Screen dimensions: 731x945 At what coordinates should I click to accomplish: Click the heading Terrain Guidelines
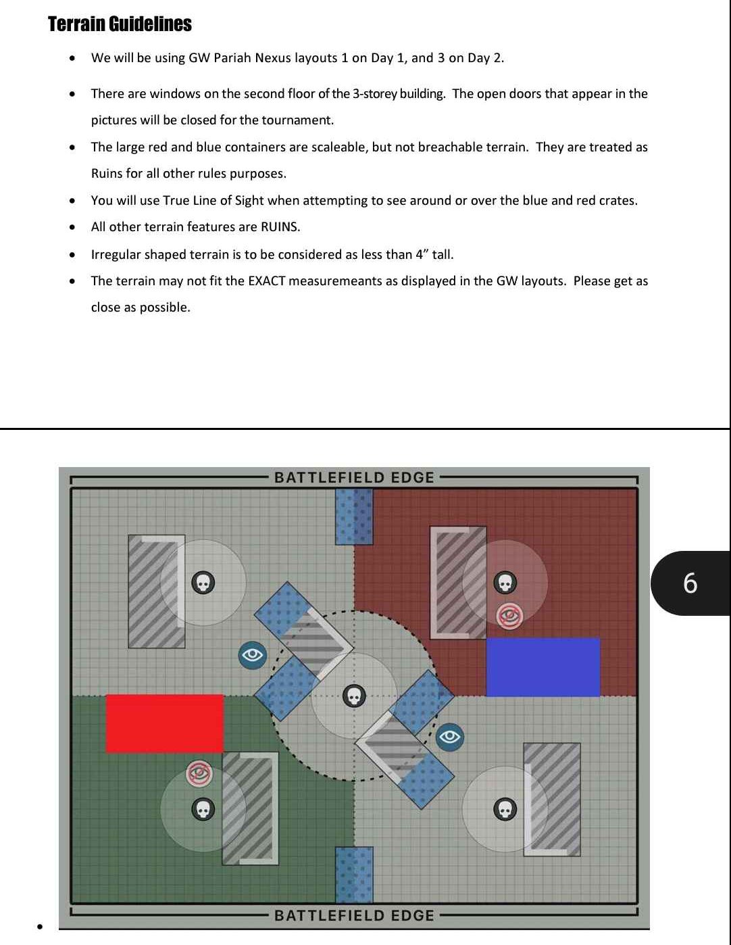click(x=120, y=24)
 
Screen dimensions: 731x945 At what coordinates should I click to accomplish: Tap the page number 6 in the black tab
click(x=690, y=583)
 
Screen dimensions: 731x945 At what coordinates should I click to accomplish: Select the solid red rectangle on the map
click(x=165, y=723)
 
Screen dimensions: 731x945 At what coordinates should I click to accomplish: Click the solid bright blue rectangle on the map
click(x=543, y=667)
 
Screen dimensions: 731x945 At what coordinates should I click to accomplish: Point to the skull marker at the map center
click(x=354, y=696)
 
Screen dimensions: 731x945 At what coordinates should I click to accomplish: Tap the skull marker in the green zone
click(x=203, y=809)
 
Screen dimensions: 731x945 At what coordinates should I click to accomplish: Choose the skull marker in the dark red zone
click(x=505, y=583)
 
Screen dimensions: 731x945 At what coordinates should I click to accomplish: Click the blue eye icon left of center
click(x=253, y=655)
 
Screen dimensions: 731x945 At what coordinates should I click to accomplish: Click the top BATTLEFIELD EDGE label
click(x=354, y=477)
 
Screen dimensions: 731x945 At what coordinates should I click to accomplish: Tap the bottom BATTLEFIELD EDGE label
click(x=354, y=915)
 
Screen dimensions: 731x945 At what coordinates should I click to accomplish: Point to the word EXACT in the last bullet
click(x=266, y=281)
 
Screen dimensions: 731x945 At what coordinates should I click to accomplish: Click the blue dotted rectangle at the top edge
click(x=354, y=516)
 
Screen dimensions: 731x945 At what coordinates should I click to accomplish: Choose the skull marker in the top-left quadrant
click(x=203, y=583)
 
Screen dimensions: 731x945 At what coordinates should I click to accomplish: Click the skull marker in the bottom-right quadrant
click(x=505, y=809)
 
